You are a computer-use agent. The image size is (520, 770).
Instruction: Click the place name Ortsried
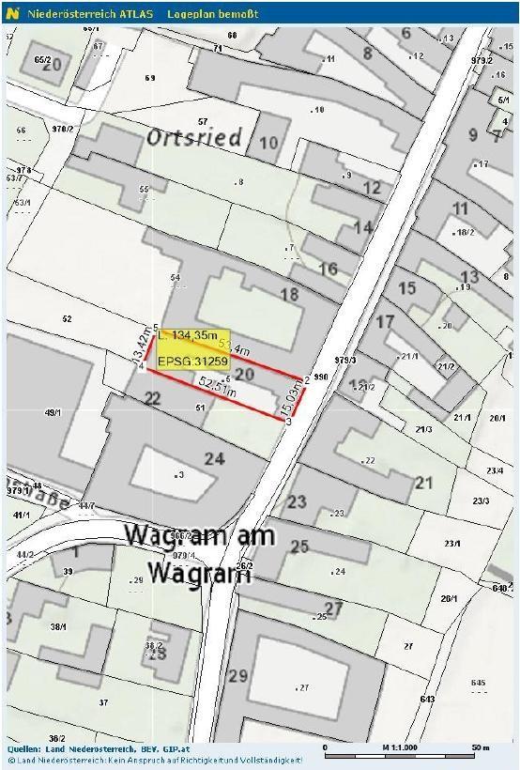(193, 138)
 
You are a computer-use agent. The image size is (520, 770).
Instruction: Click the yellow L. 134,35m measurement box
(192, 335)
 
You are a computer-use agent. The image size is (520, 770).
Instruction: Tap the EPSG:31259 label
(192, 361)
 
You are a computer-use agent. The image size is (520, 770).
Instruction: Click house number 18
(289, 294)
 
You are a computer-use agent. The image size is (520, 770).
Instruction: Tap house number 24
(215, 459)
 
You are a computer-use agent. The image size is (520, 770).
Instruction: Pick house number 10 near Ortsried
(269, 143)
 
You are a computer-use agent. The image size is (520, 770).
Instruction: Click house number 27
(333, 608)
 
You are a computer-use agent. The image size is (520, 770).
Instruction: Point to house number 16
(328, 269)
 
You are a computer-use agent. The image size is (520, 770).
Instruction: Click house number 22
(151, 399)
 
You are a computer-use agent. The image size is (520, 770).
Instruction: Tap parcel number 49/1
(53, 411)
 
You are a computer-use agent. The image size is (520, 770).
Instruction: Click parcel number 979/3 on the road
(345, 360)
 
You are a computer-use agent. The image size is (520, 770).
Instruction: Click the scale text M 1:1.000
(399, 748)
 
